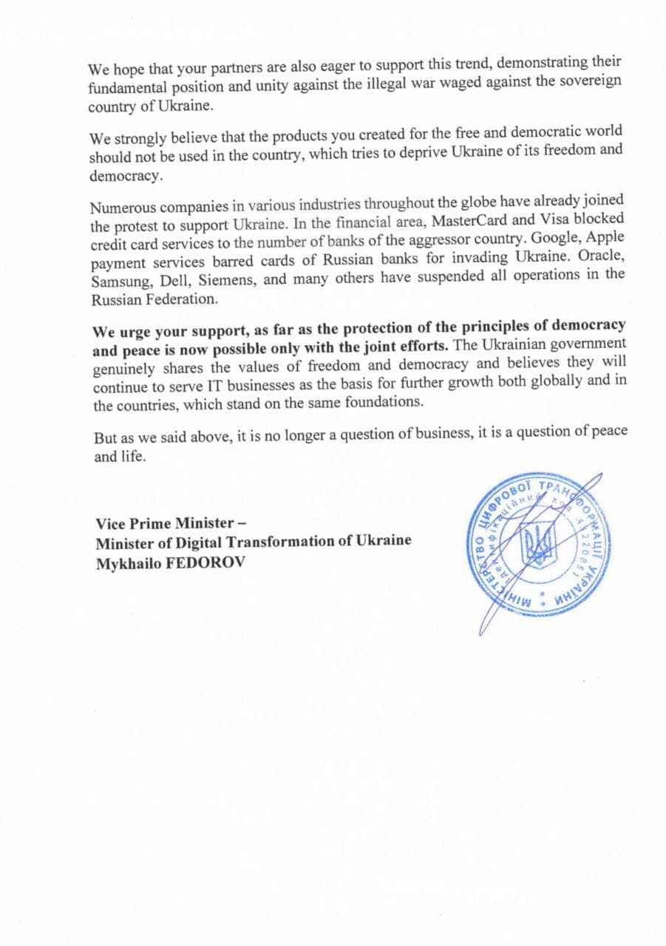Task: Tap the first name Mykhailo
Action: point(126,563)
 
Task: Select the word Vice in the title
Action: point(109,525)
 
